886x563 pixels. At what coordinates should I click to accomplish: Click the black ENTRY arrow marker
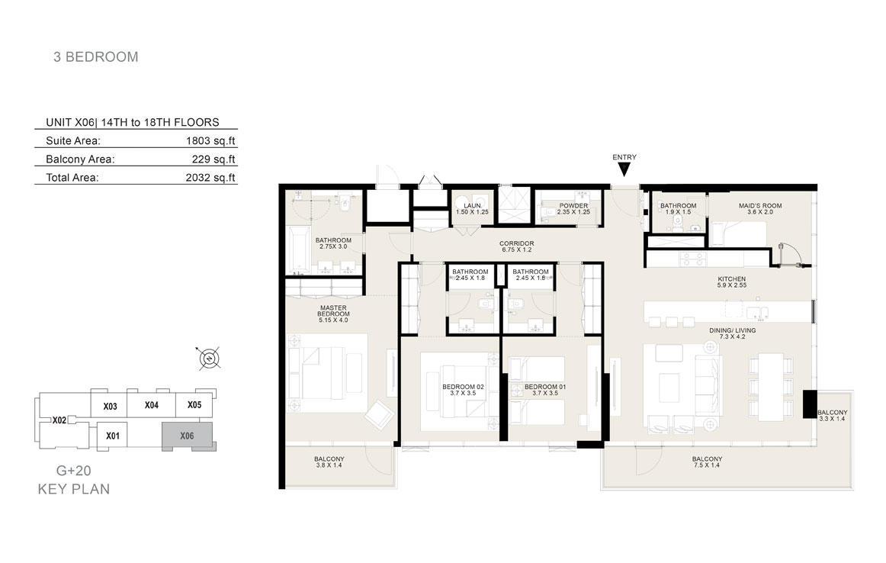pos(624,169)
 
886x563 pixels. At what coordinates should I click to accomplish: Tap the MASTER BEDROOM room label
pos(333,314)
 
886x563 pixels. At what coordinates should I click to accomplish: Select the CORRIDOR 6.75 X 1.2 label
pos(516,246)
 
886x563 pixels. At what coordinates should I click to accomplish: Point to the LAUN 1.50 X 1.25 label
pos(473,208)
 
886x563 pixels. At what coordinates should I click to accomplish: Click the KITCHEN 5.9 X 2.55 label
pos(732,282)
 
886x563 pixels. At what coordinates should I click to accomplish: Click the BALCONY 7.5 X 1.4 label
pos(707,462)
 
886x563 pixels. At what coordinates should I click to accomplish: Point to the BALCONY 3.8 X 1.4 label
pos(329,462)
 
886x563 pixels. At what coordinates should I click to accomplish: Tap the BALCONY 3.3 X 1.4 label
pos(833,416)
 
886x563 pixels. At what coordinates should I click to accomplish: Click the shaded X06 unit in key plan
pos(188,436)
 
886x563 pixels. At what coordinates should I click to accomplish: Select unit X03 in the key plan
pos(111,406)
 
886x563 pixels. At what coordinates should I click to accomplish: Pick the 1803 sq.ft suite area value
pos(210,140)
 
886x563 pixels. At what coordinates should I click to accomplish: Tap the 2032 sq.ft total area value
pos(210,178)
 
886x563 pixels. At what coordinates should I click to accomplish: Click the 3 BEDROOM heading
pos(95,56)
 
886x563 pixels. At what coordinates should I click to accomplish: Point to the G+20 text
pos(73,470)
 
